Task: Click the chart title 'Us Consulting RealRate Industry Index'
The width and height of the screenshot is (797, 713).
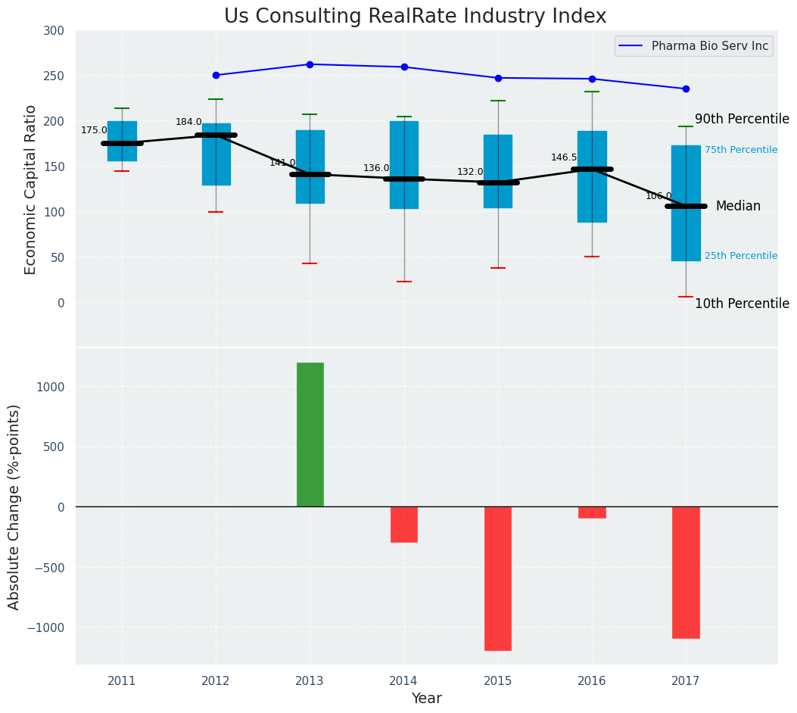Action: point(415,17)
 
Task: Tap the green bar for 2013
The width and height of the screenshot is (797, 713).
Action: point(310,434)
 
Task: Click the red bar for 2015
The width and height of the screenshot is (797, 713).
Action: point(498,578)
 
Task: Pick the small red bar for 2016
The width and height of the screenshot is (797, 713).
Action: point(592,512)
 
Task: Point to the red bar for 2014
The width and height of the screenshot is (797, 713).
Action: point(404,525)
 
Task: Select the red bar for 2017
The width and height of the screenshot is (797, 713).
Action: point(686,572)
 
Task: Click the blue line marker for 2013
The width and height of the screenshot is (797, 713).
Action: point(310,64)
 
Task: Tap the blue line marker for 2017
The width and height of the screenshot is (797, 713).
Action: point(686,89)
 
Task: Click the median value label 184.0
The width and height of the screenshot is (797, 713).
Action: point(188,122)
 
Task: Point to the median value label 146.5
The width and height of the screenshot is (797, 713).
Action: point(564,157)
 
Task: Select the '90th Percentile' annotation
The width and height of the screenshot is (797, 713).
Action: point(742,120)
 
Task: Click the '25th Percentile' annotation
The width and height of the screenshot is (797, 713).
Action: point(740,256)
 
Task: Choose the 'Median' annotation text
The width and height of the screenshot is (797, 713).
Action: point(738,206)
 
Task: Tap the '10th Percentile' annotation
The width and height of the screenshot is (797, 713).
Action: point(742,304)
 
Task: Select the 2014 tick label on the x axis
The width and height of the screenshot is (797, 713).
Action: point(403,681)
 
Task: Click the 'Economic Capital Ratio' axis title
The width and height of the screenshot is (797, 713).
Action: point(30,189)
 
